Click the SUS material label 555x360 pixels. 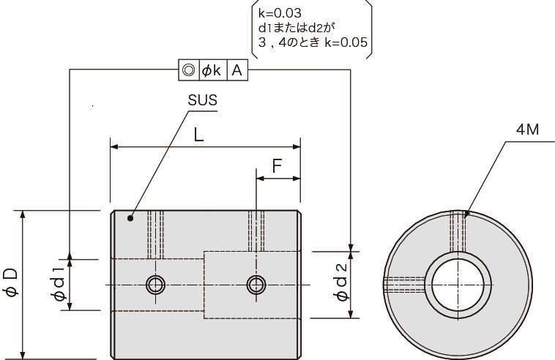pos(202,100)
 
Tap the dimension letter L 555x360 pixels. pos(198,134)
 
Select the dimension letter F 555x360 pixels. pos(277,166)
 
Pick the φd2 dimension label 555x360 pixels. pos(340,284)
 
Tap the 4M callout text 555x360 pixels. pos(526,130)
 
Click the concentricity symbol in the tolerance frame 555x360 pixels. pos(188,70)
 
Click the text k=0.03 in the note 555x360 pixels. pos(277,12)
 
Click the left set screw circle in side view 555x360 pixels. pos(154,284)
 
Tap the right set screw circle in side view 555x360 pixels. pos(256,284)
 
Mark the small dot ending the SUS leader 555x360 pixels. pos(130,217)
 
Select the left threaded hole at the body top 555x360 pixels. pos(154,234)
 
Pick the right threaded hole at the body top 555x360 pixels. pos(256,230)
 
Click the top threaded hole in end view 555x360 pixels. pos(459,234)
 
